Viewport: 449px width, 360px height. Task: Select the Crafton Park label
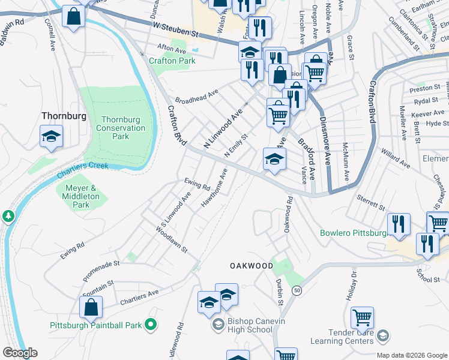(172, 61)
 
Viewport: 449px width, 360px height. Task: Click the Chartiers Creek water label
(83, 170)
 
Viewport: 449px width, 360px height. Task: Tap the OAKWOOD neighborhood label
(252, 265)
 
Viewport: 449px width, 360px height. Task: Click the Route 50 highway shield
(297, 290)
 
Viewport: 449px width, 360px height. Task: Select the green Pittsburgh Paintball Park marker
(151, 325)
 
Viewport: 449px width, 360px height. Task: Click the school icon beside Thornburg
(52, 137)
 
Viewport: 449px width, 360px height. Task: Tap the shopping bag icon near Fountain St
(91, 307)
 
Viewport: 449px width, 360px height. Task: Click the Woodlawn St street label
(172, 239)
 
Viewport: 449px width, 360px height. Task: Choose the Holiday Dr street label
(353, 284)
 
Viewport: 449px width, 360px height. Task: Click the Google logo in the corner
(20, 353)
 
